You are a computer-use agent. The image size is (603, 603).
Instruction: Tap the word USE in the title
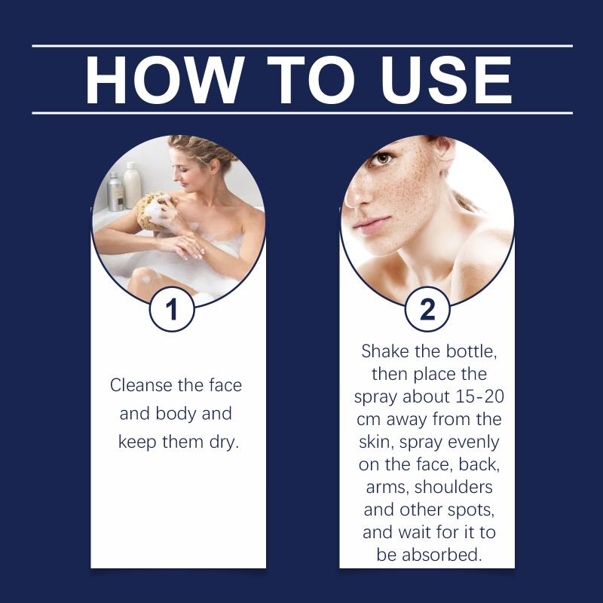(x=446, y=80)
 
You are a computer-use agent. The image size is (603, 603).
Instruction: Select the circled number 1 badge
(x=172, y=309)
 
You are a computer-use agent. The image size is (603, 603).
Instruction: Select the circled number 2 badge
(x=427, y=309)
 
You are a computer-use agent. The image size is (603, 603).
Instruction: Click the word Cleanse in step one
(x=141, y=385)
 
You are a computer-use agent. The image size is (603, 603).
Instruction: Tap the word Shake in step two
(x=384, y=351)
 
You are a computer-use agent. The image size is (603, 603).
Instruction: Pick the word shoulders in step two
(x=454, y=487)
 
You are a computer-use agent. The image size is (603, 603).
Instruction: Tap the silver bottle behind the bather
(x=115, y=192)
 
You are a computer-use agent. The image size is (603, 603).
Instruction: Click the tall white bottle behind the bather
(x=133, y=185)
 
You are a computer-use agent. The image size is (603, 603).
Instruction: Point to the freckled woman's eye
(x=384, y=158)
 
